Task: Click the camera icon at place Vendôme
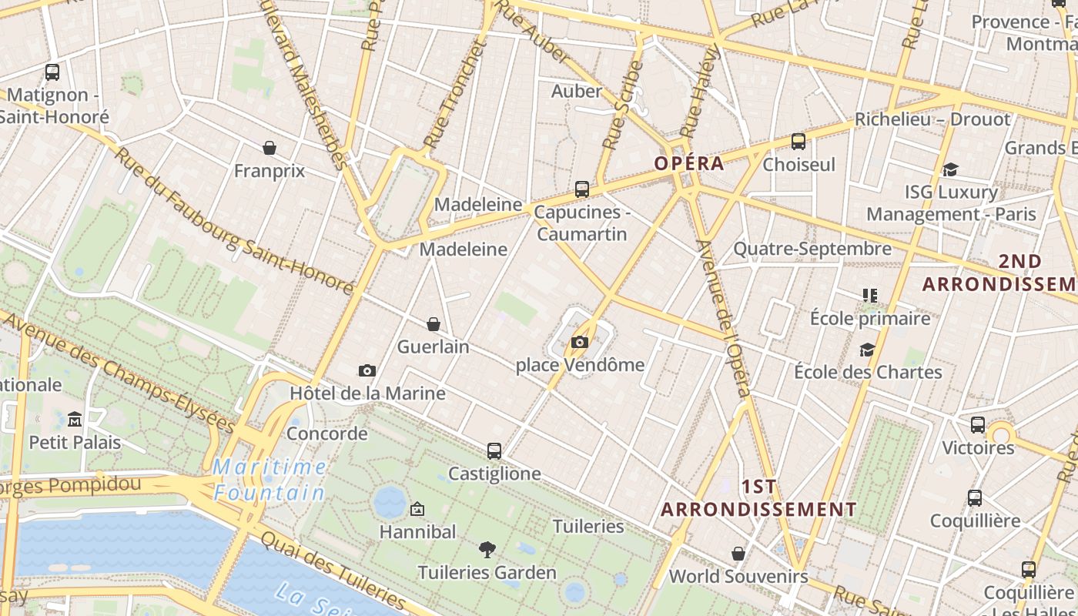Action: click(x=580, y=343)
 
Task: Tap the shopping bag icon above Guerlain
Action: click(x=434, y=324)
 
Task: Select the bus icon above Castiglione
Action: click(x=494, y=450)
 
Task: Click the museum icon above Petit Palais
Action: click(x=75, y=420)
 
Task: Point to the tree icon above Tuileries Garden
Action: click(x=487, y=550)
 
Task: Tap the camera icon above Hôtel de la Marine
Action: click(x=367, y=371)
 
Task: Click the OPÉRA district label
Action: click(x=689, y=163)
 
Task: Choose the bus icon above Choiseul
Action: click(x=798, y=142)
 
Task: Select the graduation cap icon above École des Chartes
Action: click(x=868, y=350)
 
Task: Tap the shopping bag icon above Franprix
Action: click(x=269, y=148)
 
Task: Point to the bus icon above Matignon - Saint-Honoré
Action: click(x=52, y=72)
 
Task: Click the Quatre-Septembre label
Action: click(x=812, y=249)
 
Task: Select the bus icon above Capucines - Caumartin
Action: click(x=582, y=189)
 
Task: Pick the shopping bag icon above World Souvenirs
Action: click(x=738, y=554)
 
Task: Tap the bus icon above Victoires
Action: click(x=978, y=424)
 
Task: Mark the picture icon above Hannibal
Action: click(x=417, y=509)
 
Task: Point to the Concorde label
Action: click(x=326, y=434)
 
